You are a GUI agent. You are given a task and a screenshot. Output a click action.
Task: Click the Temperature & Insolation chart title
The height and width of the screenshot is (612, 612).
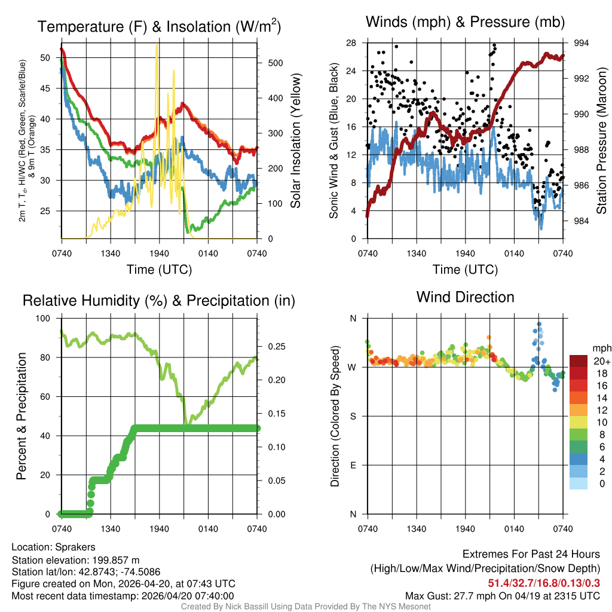point(158,27)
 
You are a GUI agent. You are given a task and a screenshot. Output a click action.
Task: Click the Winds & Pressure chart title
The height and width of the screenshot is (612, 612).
point(465,22)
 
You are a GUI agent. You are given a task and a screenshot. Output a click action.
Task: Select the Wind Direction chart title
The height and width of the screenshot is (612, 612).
point(465,297)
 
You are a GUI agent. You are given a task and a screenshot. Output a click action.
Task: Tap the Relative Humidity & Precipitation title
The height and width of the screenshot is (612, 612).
point(158,301)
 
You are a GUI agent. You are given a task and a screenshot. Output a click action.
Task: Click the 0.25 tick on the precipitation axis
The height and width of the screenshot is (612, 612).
point(274,347)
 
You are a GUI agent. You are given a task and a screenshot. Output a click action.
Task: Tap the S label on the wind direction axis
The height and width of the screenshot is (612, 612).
point(352,416)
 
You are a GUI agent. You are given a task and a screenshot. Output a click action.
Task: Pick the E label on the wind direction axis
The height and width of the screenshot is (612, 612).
point(352,465)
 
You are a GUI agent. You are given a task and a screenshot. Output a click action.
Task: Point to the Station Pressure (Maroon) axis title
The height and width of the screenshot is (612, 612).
point(602,140)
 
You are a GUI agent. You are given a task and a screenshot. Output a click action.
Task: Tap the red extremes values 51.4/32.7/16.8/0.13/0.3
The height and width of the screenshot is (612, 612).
point(544,583)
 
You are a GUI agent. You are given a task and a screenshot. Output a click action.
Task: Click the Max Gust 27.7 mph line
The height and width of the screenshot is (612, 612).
point(502,596)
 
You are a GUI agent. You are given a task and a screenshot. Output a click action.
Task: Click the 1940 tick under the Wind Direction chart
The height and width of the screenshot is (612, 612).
point(465,529)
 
